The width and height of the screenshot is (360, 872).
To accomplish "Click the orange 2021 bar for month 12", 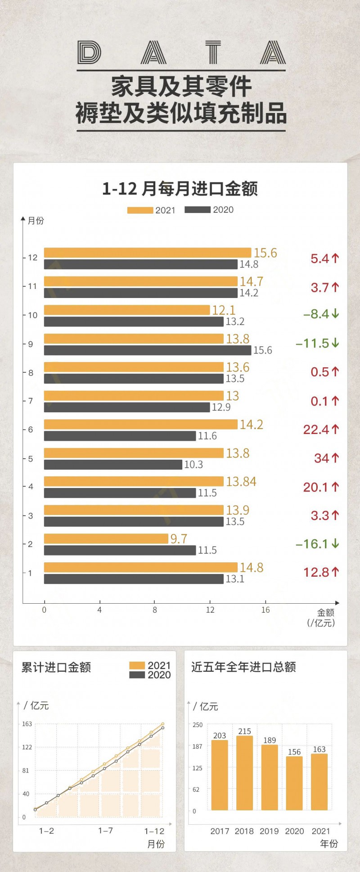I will [147, 253].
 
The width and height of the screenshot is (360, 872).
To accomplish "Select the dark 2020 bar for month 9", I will [147, 350].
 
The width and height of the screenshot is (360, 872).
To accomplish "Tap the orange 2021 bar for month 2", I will [106, 538].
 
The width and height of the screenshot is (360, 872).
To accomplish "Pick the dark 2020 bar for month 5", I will [113, 464].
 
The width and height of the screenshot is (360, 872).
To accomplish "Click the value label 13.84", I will [241, 482].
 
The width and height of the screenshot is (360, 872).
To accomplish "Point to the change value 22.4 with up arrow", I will [321, 429].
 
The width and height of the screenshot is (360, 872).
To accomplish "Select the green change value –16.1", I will [317, 544].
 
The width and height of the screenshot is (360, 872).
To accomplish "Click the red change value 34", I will [326, 458].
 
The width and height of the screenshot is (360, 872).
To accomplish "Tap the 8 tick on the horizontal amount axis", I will [155, 610].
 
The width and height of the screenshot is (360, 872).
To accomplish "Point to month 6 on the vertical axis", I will [31, 429].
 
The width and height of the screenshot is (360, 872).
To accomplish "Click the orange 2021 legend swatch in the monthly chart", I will [140, 210].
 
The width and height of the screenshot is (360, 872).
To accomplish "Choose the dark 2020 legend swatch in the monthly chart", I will [198, 210].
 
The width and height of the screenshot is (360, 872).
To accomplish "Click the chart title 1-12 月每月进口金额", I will [180, 189].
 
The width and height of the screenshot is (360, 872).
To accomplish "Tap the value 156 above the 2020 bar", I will [294, 752].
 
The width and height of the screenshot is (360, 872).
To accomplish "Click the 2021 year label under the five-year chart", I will [320, 831].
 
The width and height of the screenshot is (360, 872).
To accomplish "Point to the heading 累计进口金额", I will [56, 667].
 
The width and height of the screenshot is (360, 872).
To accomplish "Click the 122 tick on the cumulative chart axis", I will [27, 747].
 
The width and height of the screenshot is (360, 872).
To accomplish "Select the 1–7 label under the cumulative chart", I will [105, 831].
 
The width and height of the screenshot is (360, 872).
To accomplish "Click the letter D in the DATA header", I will [89, 53].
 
